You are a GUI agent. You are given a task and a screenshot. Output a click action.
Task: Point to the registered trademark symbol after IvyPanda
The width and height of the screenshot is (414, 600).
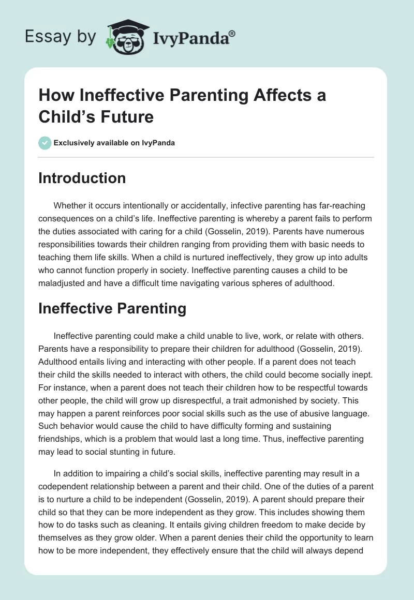point(232,33)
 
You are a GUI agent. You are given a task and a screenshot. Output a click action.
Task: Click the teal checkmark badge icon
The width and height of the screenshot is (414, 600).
point(45,143)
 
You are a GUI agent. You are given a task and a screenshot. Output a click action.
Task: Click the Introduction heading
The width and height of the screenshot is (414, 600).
point(82,178)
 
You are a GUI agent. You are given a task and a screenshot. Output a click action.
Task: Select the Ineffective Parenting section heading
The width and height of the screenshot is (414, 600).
point(112,308)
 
